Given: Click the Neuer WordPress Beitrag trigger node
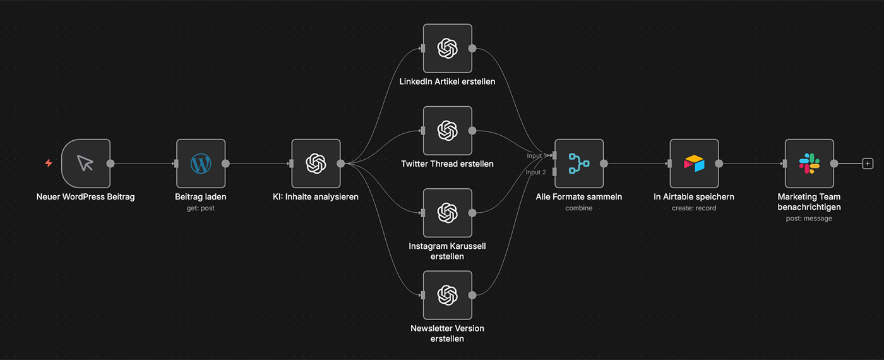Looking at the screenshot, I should (x=86, y=164).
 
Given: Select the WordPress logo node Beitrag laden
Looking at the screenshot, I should (x=201, y=164).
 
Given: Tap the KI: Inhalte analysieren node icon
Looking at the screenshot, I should (x=316, y=164).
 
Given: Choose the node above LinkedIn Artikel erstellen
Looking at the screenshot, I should (x=447, y=49).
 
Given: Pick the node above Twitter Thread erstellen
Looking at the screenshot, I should (x=447, y=131).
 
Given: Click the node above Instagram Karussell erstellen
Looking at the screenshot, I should (x=447, y=213).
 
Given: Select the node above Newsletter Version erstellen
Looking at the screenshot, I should (x=447, y=295).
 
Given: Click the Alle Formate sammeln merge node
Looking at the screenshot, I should (x=579, y=164).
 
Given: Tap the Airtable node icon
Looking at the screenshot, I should (x=694, y=164).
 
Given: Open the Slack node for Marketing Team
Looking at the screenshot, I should (x=809, y=164).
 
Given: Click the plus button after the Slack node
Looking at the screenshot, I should (x=868, y=164).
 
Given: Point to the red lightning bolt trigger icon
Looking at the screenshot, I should (x=49, y=164).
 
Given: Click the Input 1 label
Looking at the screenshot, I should (x=536, y=155).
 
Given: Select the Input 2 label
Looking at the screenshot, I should (x=536, y=172).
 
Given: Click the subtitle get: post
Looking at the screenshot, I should (x=200, y=208).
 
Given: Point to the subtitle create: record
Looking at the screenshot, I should (x=694, y=208).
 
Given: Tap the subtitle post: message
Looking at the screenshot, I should (x=809, y=219).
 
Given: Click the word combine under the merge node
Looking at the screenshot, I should (x=579, y=208).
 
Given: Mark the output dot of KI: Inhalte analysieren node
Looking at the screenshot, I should (x=341, y=164).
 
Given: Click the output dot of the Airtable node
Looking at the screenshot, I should (x=719, y=164).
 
